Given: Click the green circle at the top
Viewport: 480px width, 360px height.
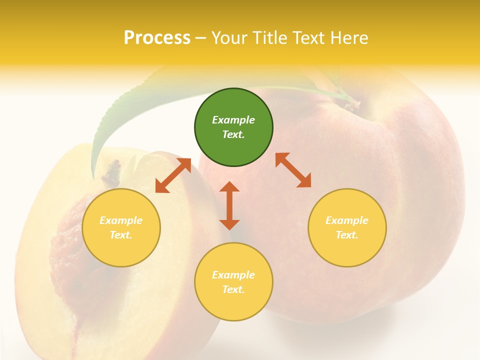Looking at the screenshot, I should [233, 127].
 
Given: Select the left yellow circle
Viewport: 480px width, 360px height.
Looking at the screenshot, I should [121, 227].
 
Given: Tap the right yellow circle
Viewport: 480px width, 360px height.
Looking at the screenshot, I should [347, 227].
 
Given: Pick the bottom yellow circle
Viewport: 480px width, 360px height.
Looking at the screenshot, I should [233, 281].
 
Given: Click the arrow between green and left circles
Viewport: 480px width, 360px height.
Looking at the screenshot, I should [173, 175].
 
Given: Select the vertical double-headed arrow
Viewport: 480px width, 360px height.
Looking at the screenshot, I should [229, 205].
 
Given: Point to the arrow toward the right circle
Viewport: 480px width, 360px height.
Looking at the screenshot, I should [293, 170].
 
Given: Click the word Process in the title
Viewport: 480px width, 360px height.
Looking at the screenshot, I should [157, 38].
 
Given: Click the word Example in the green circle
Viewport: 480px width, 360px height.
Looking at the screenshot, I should [233, 120].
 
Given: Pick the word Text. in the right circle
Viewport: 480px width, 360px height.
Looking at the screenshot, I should [347, 235].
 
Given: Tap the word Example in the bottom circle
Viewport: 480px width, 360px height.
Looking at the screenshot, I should [233, 275].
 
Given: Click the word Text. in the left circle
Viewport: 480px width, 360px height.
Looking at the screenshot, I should [121, 235].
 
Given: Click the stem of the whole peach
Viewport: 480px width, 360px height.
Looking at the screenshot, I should [352, 104].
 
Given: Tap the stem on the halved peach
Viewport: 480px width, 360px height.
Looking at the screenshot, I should [112, 172].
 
